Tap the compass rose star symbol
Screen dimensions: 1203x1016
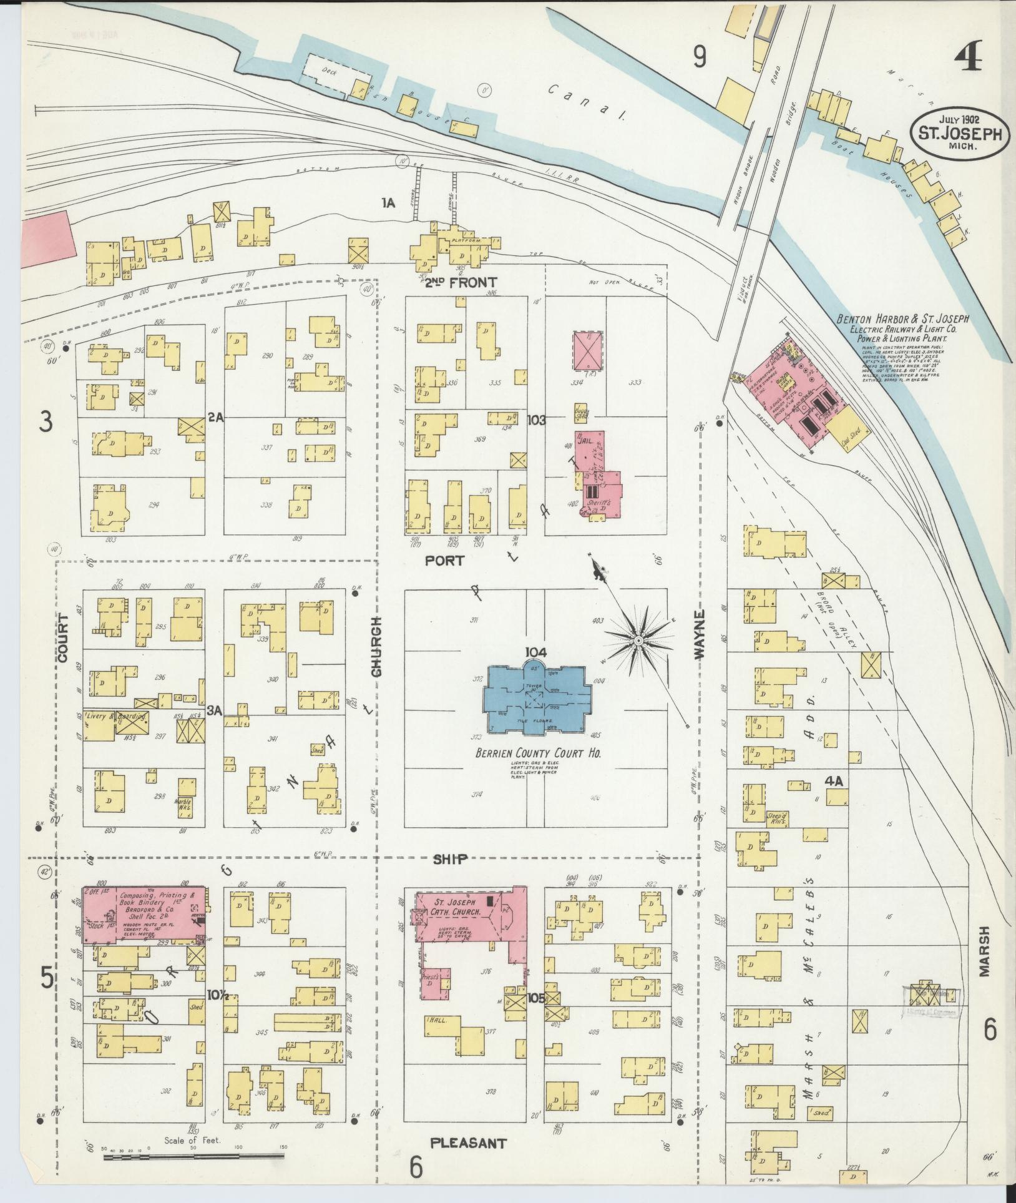pos(638,641)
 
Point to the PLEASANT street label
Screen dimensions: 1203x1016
pos(468,1142)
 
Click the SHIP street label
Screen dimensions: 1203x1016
pos(449,860)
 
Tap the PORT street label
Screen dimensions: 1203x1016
pos(444,561)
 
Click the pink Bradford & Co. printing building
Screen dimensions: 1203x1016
pos(145,915)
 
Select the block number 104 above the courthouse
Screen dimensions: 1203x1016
pos(535,652)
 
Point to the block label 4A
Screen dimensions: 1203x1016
pos(834,780)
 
